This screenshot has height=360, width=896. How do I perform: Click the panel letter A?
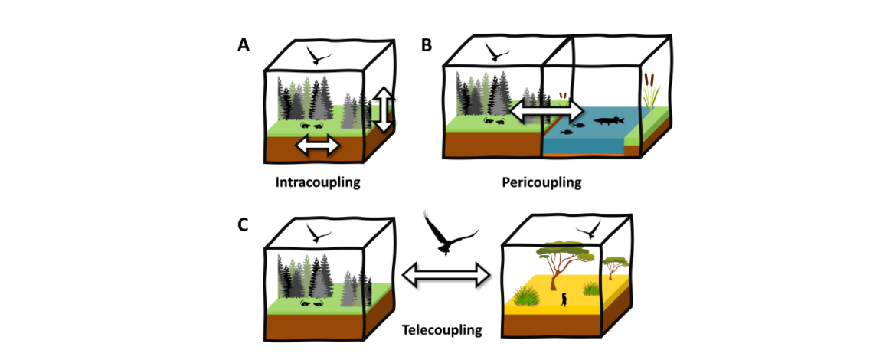(243, 45)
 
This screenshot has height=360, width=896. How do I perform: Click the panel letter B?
(427, 45)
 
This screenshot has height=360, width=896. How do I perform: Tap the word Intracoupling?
(318, 184)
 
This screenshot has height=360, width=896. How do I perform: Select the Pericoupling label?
(541, 183)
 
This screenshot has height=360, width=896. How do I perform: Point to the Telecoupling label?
(442, 330)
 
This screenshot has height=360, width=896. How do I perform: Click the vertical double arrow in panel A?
(384, 110)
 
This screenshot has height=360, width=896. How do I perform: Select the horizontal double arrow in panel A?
(318, 145)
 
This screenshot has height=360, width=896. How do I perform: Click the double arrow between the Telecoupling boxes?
(446, 273)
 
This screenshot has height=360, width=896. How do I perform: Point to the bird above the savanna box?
(590, 231)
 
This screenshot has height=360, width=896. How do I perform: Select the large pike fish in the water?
(606, 120)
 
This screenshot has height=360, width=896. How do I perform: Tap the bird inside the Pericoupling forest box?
(499, 53)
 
